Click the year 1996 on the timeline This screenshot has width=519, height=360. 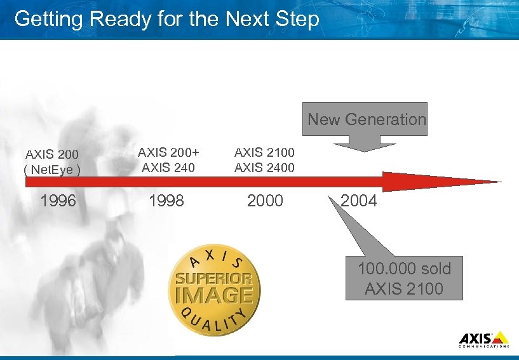(x=58, y=201)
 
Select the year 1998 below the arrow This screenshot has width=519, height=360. (x=166, y=201)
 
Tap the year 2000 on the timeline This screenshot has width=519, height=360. (x=265, y=201)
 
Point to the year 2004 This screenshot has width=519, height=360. (x=359, y=201)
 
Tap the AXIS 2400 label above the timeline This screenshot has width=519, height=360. (x=264, y=168)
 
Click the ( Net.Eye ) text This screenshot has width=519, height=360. (x=53, y=170)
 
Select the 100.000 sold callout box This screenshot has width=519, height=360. (x=404, y=278)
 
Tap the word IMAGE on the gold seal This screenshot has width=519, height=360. (x=214, y=295)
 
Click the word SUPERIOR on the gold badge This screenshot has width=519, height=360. (x=214, y=279)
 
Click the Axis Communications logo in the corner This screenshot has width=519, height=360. (x=483, y=339)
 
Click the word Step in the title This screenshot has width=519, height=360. (x=297, y=19)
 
